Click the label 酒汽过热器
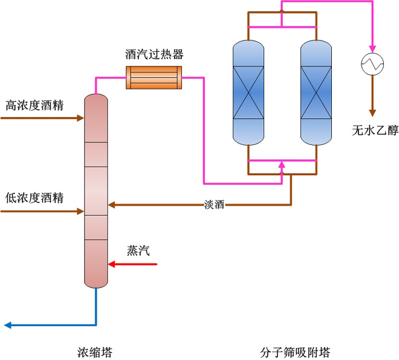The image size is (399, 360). [154, 54]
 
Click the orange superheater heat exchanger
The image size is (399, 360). [154, 77]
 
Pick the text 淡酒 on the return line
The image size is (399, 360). [214, 205]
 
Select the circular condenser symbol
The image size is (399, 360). [372, 64]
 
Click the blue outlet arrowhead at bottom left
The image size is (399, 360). [8, 326]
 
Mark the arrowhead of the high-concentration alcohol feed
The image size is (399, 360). [80, 118]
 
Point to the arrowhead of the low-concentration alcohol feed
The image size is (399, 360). [80, 211]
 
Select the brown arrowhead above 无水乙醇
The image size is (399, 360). [372, 112]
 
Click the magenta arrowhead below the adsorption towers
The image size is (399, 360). [282, 164]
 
